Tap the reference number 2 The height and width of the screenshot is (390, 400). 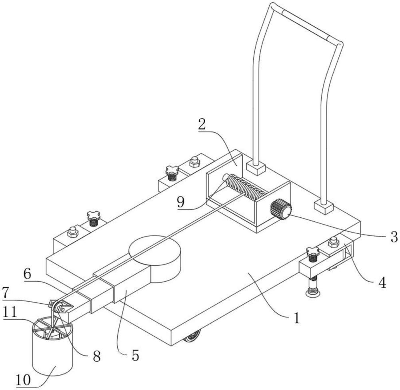(x=202, y=124)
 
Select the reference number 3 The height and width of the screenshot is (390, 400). (x=394, y=237)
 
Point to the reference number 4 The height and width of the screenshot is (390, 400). (x=382, y=283)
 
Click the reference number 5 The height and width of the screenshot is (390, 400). (x=136, y=355)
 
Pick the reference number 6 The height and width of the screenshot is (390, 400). (x=27, y=274)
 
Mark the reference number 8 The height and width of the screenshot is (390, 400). (x=97, y=356)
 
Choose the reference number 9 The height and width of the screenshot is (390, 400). (x=181, y=202)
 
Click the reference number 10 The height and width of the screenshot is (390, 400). (x=23, y=380)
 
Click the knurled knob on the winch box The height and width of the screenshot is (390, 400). (x=281, y=210)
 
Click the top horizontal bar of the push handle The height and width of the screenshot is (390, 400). (x=306, y=24)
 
